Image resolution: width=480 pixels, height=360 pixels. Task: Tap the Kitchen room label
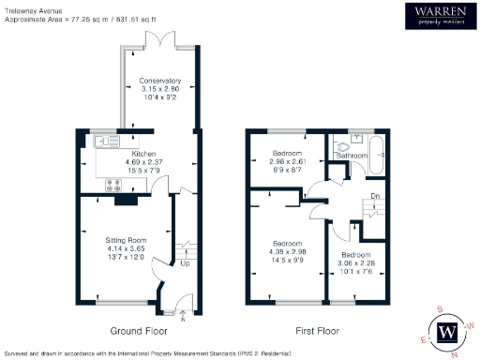point(143,153)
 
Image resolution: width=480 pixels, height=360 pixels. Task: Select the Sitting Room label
point(122,241)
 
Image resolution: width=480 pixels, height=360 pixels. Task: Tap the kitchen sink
point(102,142)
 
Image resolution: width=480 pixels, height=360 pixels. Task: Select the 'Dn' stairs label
point(373,196)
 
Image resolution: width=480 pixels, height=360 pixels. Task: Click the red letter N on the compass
point(454,354)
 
